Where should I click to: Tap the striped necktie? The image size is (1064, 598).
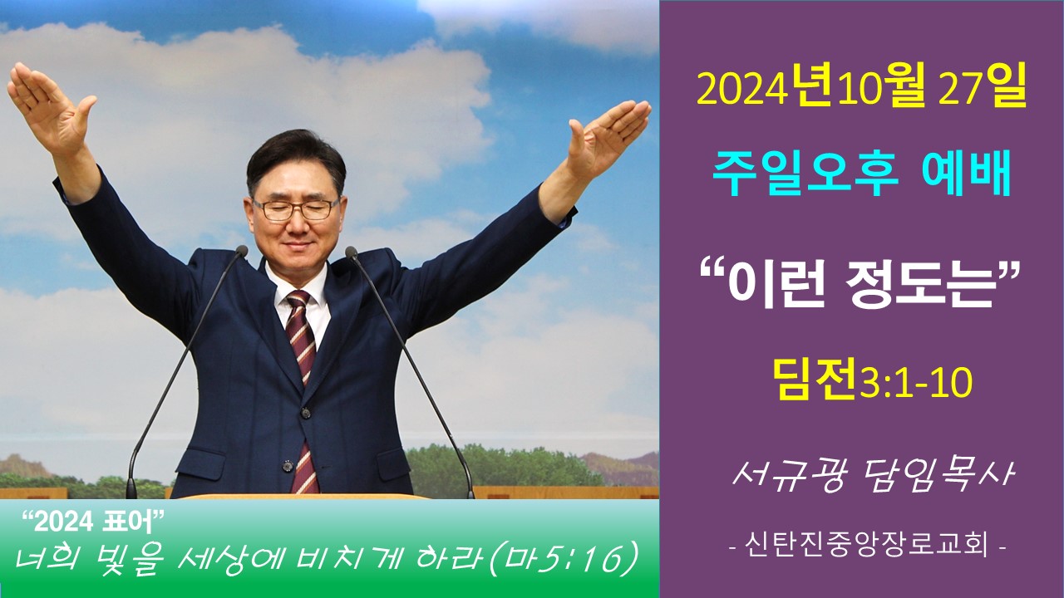pos(303,390)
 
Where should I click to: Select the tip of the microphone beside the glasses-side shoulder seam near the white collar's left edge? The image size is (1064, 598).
pos(241,251)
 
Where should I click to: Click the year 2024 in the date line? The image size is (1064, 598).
pos(740,91)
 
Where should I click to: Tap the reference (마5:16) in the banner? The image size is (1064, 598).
pos(563,561)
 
